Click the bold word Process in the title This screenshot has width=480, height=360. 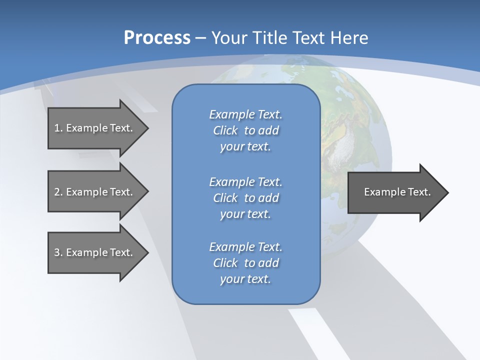coord(157,38)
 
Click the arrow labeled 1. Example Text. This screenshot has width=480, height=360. coord(93,128)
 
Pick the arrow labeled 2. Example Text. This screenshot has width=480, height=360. coord(93,192)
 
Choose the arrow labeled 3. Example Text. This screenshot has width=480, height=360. coord(93,252)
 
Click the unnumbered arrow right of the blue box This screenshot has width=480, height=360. coord(397,192)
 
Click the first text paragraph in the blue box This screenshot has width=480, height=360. coord(245,130)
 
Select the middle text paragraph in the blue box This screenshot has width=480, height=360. coord(245,198)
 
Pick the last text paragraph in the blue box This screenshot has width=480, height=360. coord(245,263)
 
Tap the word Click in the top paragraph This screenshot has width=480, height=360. coord(225,130)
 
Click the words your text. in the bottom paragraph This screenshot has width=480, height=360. coord(245,279)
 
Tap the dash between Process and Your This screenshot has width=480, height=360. coord(200,38)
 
